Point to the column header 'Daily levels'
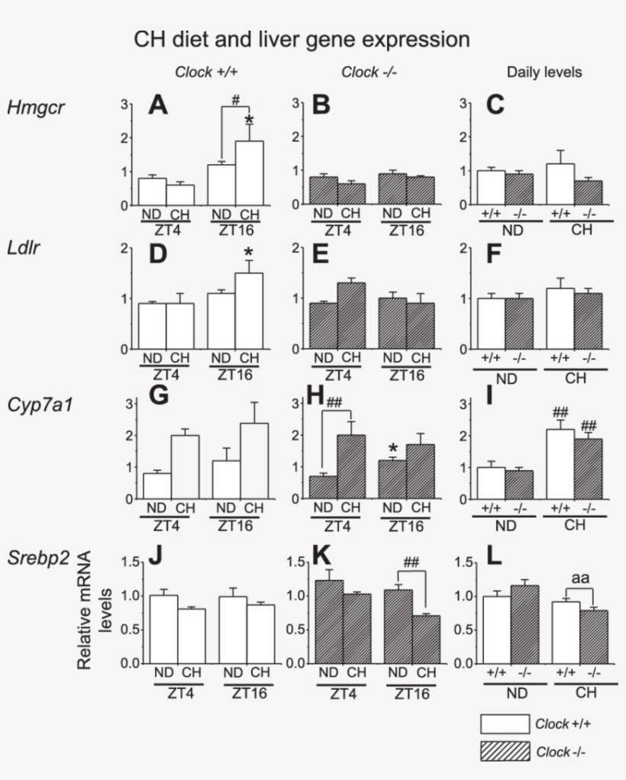[x=544, y=73]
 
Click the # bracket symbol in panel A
[x=236, y=99]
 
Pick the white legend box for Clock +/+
[x=504, y=724]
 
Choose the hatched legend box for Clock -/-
[x=504, y=752]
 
